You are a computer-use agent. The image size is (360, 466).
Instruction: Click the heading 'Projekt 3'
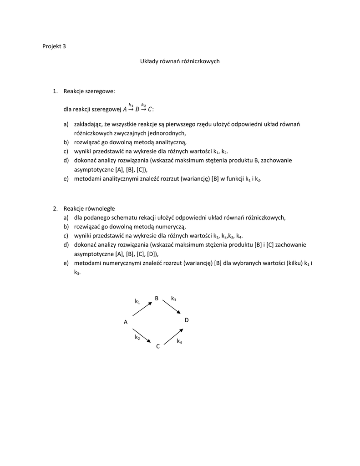[x=54, y=46]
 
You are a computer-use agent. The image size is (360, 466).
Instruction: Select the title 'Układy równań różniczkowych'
[x=179, y=61]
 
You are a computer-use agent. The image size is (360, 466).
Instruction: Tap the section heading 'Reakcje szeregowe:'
[x=89, y=91]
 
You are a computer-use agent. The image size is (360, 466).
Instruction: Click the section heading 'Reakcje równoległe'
[x=89, y=208]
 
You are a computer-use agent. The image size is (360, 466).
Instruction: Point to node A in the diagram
[x=125, y=322]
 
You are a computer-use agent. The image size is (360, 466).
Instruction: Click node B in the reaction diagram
[x=157, y=299]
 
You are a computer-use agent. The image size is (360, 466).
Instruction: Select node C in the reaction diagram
[x=157, y=347]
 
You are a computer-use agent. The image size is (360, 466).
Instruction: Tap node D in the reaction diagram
[x=187, y=321]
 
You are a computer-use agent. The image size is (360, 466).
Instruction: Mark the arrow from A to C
[x=142, y=335]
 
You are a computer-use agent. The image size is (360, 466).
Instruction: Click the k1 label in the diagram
[x=137, y=301]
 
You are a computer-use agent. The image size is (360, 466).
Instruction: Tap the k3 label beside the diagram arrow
[x=173, y=299]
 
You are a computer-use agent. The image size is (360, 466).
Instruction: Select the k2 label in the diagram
[x=137, y=337]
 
